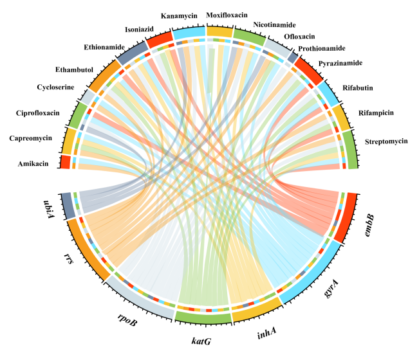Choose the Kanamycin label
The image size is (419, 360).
pyautogui.click(x=180, y=15)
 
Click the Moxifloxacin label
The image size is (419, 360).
pyautogui.click(x=227, y=14)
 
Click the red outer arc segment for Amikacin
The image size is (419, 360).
pyautogui.click(x=65, y=161)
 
